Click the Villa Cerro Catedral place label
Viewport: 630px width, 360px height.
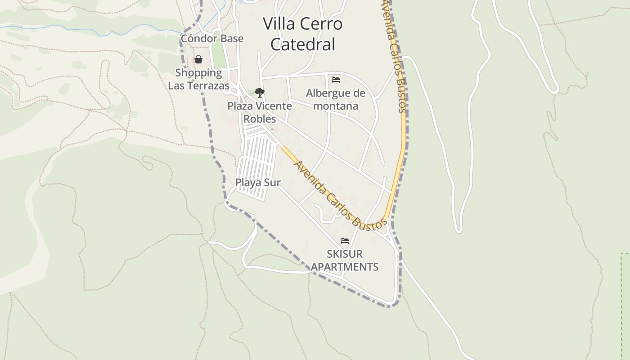coord(302,34)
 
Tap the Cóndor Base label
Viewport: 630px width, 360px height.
coord(212,39)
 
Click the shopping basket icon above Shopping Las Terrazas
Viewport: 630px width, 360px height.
coord(198,59)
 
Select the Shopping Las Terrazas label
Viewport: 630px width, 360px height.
coord(198,79)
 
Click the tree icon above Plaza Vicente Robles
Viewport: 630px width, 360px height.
coord(259,93)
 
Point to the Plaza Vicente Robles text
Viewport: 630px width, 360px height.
coord(260,112)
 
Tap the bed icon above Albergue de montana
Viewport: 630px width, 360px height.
coord(335,80)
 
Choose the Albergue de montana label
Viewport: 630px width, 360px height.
coord(336,99)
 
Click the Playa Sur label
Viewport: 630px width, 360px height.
coord(258,183)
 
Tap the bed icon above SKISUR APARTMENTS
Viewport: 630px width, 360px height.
coord(345,241)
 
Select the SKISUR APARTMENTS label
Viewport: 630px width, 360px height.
coord(345,260)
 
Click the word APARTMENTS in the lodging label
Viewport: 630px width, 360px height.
coord(345,267)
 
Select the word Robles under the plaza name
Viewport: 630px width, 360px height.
coord(260,119)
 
